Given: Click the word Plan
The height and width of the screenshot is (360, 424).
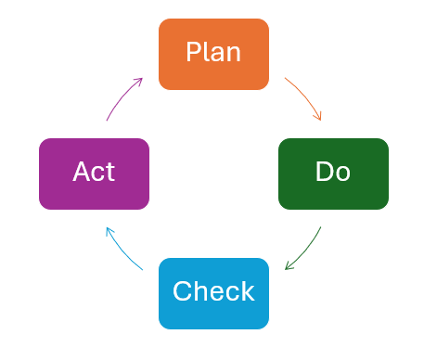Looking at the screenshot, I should [213, 52].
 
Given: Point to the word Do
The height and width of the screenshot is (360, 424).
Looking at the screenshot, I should [333, 172].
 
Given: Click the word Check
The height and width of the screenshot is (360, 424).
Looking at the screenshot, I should [213, 291].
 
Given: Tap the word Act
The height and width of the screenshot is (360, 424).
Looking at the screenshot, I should [94, 172].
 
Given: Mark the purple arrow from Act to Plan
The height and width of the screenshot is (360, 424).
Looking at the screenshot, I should [121, 96].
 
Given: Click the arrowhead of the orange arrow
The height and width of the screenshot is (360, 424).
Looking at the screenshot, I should [319, 117].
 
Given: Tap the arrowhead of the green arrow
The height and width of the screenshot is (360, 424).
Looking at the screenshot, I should [289, 267].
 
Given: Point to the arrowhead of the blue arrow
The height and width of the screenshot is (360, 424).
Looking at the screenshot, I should [108, 229].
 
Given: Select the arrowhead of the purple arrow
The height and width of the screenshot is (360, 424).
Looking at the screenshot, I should [139, 81].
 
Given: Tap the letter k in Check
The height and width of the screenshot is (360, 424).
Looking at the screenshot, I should [247, 291].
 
